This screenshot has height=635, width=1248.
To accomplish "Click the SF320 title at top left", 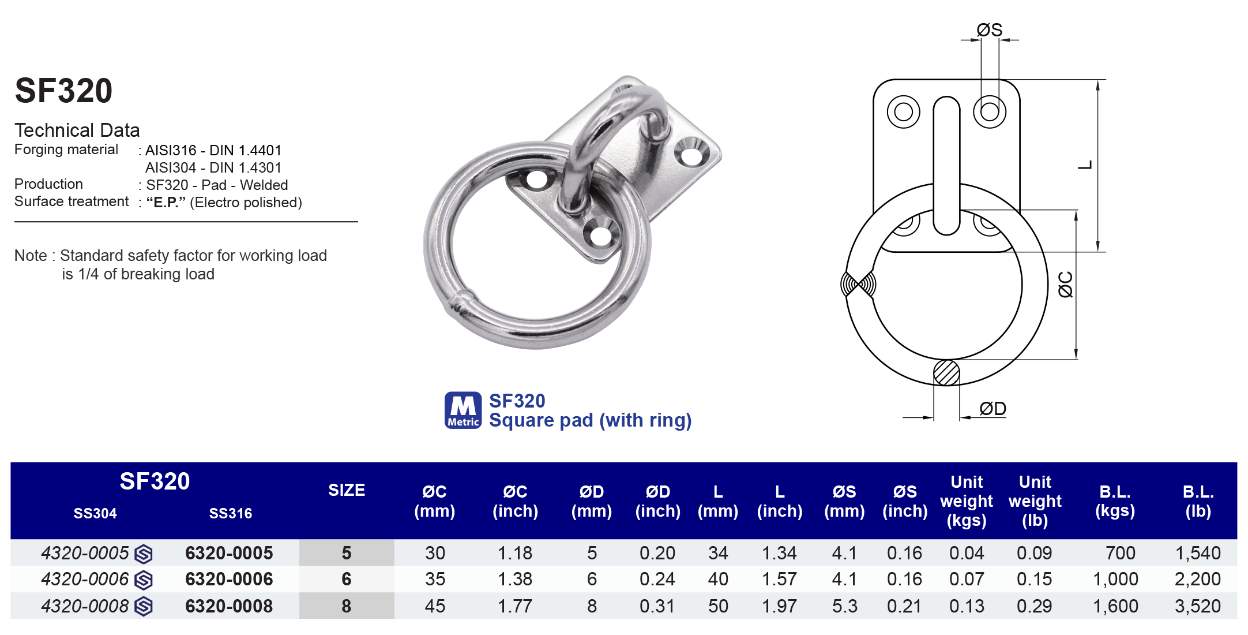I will [x=63, y=91].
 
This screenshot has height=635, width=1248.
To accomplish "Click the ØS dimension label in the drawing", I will [x=989, y=29].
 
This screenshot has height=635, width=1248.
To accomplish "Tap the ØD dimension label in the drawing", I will [x=993, y=409].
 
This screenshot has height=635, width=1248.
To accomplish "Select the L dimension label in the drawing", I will [x=1085, y=165].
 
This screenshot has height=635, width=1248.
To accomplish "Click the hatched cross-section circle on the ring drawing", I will [x=946, y=372].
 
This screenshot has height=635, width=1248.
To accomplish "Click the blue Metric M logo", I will [x=463, y=410].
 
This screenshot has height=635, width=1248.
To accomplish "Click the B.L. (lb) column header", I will [x=1198, y=500].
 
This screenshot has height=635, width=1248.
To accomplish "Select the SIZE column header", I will [x=346, y=490].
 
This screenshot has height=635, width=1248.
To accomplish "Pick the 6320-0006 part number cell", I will [x=229, y=579].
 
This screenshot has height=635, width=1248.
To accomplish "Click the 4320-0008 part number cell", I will [x=85, y=606].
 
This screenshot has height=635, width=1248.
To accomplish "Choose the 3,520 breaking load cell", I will [x=1197, y=606].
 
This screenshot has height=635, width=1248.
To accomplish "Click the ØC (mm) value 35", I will [x=435, y=579].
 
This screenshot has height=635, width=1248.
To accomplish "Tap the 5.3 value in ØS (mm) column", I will [x=844, y=606].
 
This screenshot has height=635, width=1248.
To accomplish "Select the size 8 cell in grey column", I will [x=346, y=606].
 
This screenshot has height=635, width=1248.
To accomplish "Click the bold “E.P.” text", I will [x=166, y=203].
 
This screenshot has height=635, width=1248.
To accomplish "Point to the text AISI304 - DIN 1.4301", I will [x=213, y=168].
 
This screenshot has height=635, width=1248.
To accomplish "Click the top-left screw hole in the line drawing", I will [x=903, y=111].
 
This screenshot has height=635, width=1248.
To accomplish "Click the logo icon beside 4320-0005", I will [x=144, y=554].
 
